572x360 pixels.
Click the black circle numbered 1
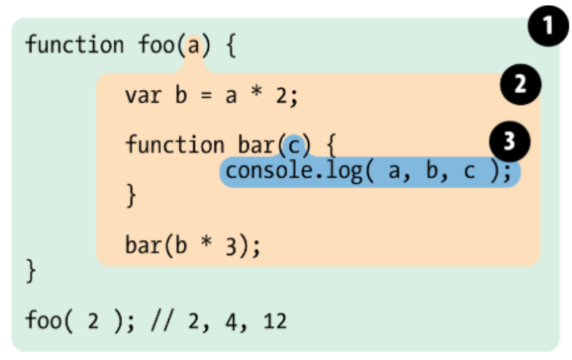(546, 31)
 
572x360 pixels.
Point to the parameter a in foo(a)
(193, 44)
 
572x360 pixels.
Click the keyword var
(142, 95)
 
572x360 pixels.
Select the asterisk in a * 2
(256, 95)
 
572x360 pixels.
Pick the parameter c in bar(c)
(293, 146)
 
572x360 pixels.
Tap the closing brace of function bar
(130, 197)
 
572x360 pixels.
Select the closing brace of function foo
(31, 269)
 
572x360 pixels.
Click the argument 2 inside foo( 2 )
(92, 320)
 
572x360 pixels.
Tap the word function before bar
(175, 146)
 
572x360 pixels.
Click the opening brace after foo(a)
(230, 44)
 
